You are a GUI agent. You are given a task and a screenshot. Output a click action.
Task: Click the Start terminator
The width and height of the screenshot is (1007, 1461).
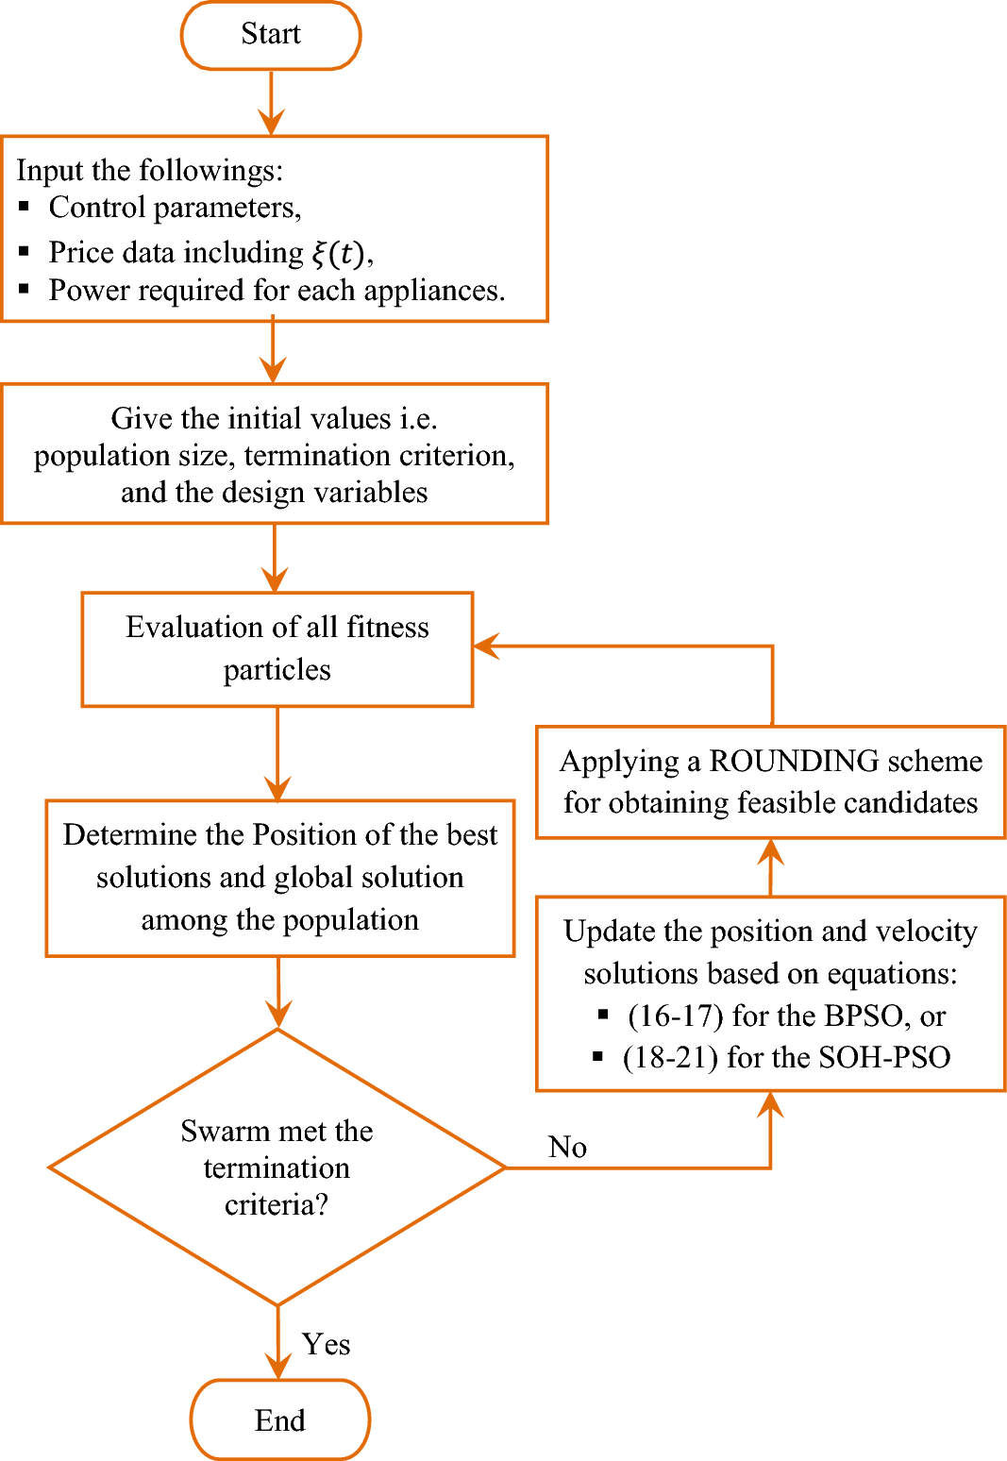click(x=271, y=35)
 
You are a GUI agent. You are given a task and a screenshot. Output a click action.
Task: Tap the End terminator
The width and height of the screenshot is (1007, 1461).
click(x=280, y=1419)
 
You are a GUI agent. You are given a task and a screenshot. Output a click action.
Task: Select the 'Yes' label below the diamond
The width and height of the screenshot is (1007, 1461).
click(x=326, y=1344)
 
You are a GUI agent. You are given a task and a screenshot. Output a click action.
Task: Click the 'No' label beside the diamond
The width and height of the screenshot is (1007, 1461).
click(x=567, y=1147)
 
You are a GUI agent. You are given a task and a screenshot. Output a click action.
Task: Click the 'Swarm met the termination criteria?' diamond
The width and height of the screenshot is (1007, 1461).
click(x=277, y=1167)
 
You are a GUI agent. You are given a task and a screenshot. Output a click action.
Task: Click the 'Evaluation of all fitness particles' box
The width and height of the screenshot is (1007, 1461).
click(x=277, y=648)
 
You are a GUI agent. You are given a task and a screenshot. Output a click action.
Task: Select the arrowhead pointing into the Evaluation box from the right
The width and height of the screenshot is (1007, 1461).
click(x=485, y=647)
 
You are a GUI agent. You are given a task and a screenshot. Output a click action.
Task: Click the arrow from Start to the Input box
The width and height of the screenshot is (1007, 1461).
click(x=272, y=102)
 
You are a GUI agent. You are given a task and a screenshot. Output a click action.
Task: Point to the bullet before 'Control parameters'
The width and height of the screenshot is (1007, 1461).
click(x=25, y=207)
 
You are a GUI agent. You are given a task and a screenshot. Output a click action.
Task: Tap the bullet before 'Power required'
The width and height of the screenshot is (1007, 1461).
click(x=25, y=290)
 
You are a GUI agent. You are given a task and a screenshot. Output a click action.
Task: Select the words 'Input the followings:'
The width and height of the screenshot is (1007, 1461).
click(x=149, y=170)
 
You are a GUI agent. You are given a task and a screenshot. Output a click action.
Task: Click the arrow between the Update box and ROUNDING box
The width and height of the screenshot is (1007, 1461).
click(x=771, y=866)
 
